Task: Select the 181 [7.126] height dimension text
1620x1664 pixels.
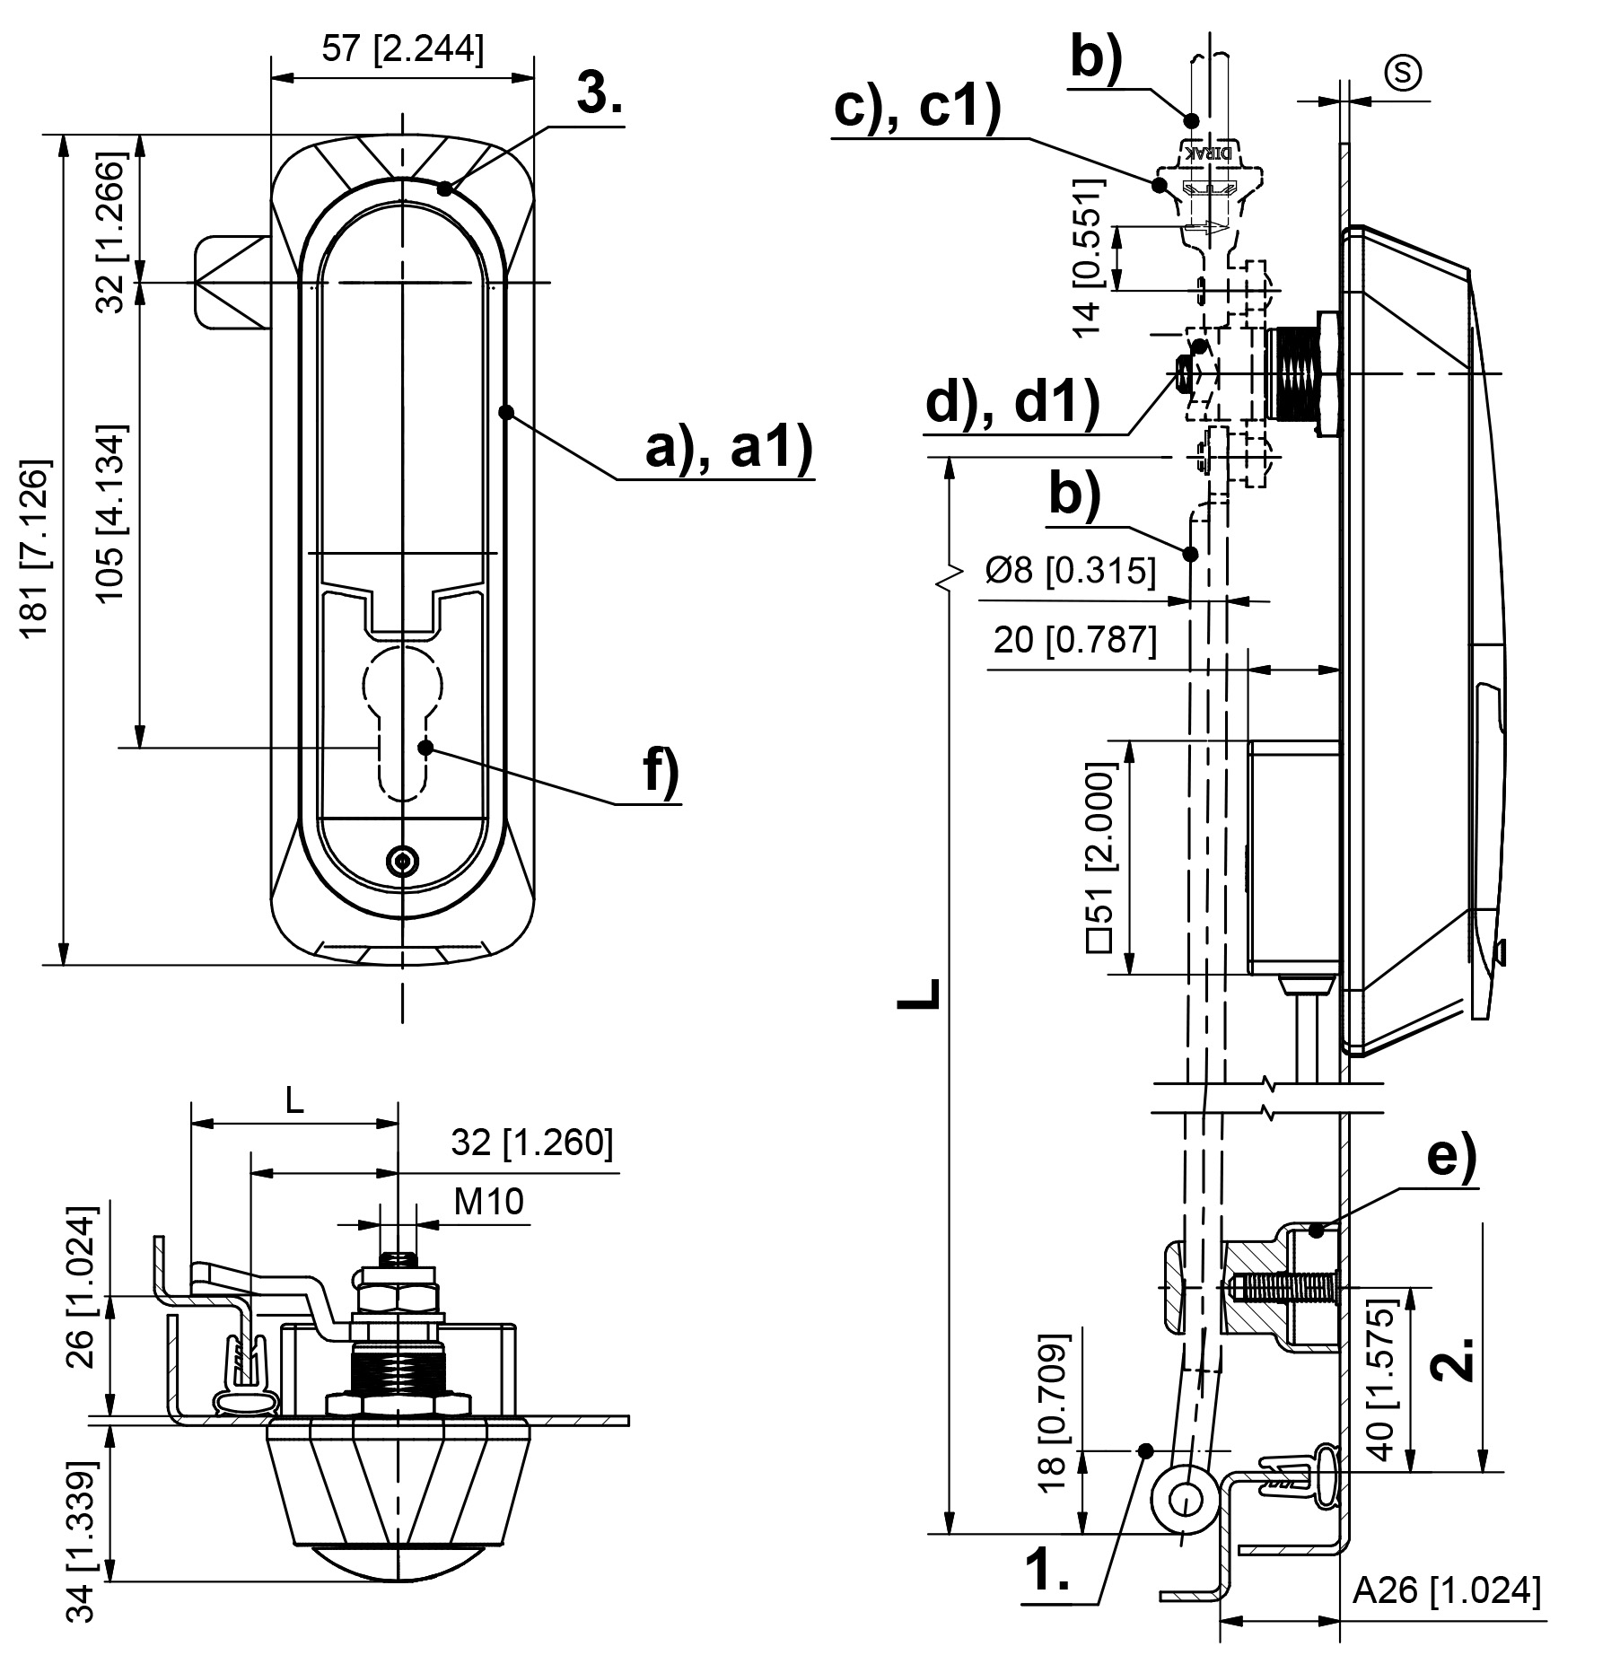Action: (x=37, y=550)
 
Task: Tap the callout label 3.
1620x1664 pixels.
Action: (x=599, y=93)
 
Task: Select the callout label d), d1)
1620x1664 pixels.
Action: (x=1012, y=403)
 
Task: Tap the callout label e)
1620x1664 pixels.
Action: (x=1451, y=1159)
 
